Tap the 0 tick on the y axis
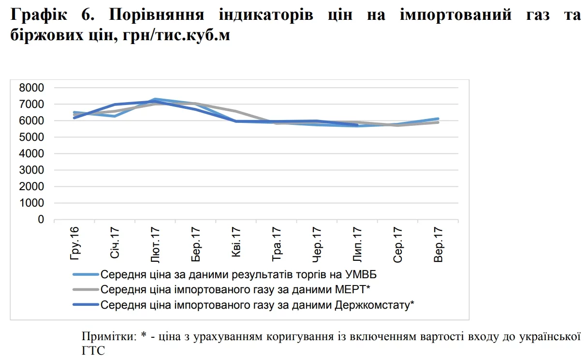click(x=41, y=220)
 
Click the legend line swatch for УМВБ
click(x=86, y=275)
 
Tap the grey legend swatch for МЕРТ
click(x=86, y=290)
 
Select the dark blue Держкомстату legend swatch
click(x=86, y=305)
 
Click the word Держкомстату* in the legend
click(x=374, y=305)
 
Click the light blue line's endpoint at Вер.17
click(x=438, y=119)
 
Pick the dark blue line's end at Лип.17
click(x=357, y=125)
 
